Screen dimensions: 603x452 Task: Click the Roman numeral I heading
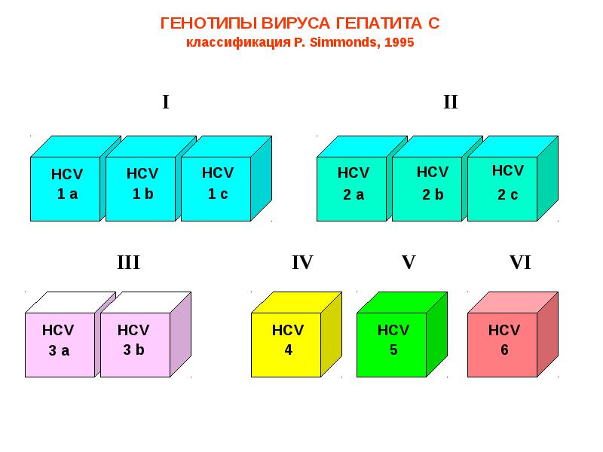[166, 102]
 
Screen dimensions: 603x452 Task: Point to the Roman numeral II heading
[450, 102]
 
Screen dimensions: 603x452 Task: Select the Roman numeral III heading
[128, 263]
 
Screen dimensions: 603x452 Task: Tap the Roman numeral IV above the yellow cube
[301, 263]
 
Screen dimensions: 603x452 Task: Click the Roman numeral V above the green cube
[408, 263]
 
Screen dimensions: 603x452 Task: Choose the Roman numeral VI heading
[520, 263]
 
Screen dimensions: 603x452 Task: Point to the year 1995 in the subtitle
[399, 42]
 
